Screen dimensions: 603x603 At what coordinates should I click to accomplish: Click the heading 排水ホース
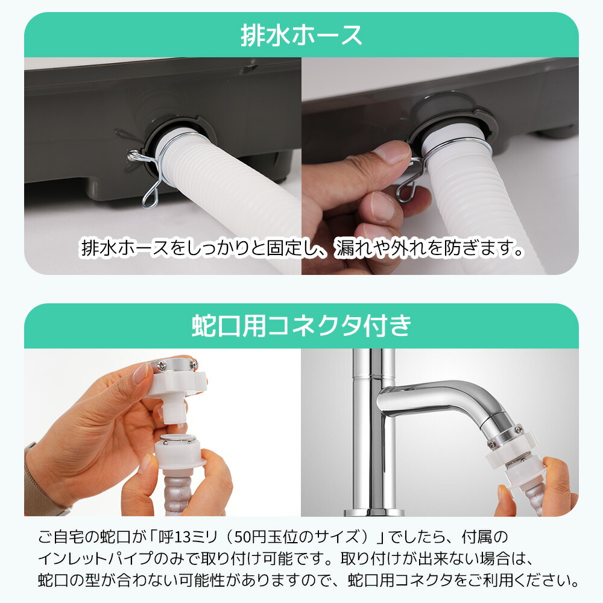point(301,35)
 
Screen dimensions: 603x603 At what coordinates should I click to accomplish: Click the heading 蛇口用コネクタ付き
point(301,326)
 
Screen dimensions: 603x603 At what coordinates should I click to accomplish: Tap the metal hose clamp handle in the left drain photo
point(147,174)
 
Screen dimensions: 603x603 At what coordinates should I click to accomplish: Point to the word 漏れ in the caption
point(352,248)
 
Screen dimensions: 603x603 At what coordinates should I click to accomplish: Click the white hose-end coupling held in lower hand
point(178,452)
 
